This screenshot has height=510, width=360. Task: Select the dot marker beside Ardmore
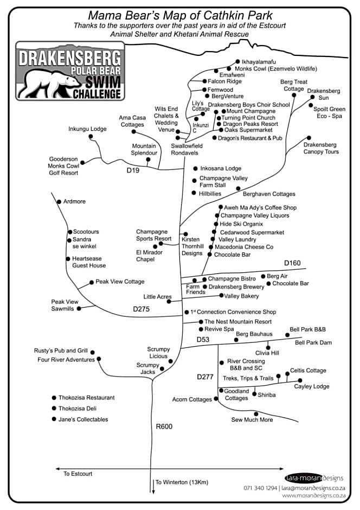tap(59, 202)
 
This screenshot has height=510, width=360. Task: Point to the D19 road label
tap(133, 171)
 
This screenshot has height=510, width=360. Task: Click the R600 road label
tap(164, 426)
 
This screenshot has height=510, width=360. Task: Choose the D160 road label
tap(292, 263)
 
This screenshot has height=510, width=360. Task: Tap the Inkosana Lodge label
tap(221, 169)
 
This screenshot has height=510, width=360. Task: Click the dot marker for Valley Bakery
tap(220, 296)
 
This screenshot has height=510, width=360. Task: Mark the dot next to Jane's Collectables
tap(54, 419)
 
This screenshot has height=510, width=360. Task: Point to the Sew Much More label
tap(252, 420)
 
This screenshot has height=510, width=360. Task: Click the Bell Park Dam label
tap(313, 343)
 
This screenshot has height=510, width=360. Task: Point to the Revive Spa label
tap(218, 329)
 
